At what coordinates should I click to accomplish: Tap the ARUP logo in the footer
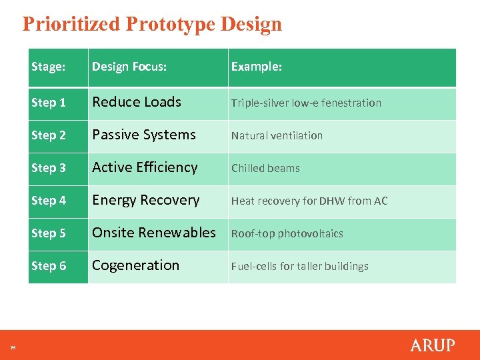click(432, 345)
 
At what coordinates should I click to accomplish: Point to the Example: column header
click(257, 67)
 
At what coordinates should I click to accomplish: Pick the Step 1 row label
click(49, 103)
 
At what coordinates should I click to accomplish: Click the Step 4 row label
click(49, 201)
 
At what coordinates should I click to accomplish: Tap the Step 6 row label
click(49, 266)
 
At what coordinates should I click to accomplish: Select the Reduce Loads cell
click(137, 102)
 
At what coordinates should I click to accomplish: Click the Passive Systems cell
click(144, 135)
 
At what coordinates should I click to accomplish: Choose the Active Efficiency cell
click(145, 167)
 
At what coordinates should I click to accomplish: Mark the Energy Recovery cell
click(146, 200)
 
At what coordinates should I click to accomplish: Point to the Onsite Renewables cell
click(154, 233)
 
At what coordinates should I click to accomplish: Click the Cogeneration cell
click(136, 265)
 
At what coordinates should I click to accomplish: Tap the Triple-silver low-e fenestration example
click(306, 103)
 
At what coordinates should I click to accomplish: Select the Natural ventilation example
click(277, 135)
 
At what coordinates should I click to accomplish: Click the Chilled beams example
click(265, 168)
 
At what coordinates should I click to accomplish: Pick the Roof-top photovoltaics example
click(287, 233)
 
